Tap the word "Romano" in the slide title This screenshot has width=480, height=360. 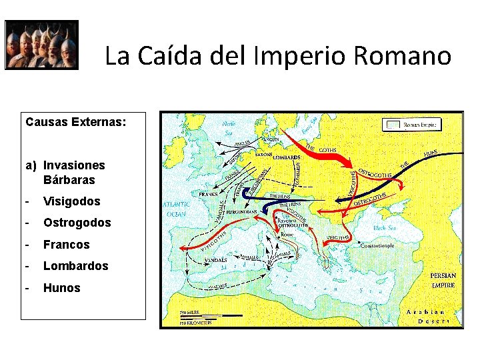[x=403, y=56]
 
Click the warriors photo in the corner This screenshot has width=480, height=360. [x=41, y=45]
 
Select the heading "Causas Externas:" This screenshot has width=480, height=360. [x=75, y=122]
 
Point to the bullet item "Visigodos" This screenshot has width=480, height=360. [x=71, y=201]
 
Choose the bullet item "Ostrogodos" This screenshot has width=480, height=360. [x=77, y=223]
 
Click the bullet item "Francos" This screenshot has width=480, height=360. [x=66, y=245]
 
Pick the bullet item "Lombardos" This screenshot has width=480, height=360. [x=75, y=266]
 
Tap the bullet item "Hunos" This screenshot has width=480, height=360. [x=61, y=288]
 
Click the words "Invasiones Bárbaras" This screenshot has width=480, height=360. [x=74, y=172]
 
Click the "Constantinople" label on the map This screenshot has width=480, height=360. [x=379, y=246]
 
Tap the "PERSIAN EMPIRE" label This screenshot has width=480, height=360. [x=443, y=280]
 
